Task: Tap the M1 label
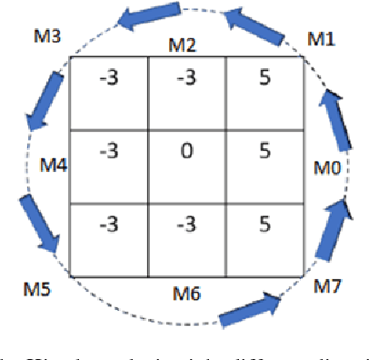tap(321, 39)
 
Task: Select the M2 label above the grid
tap(186, 45)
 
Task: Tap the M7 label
tap(328, 287)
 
